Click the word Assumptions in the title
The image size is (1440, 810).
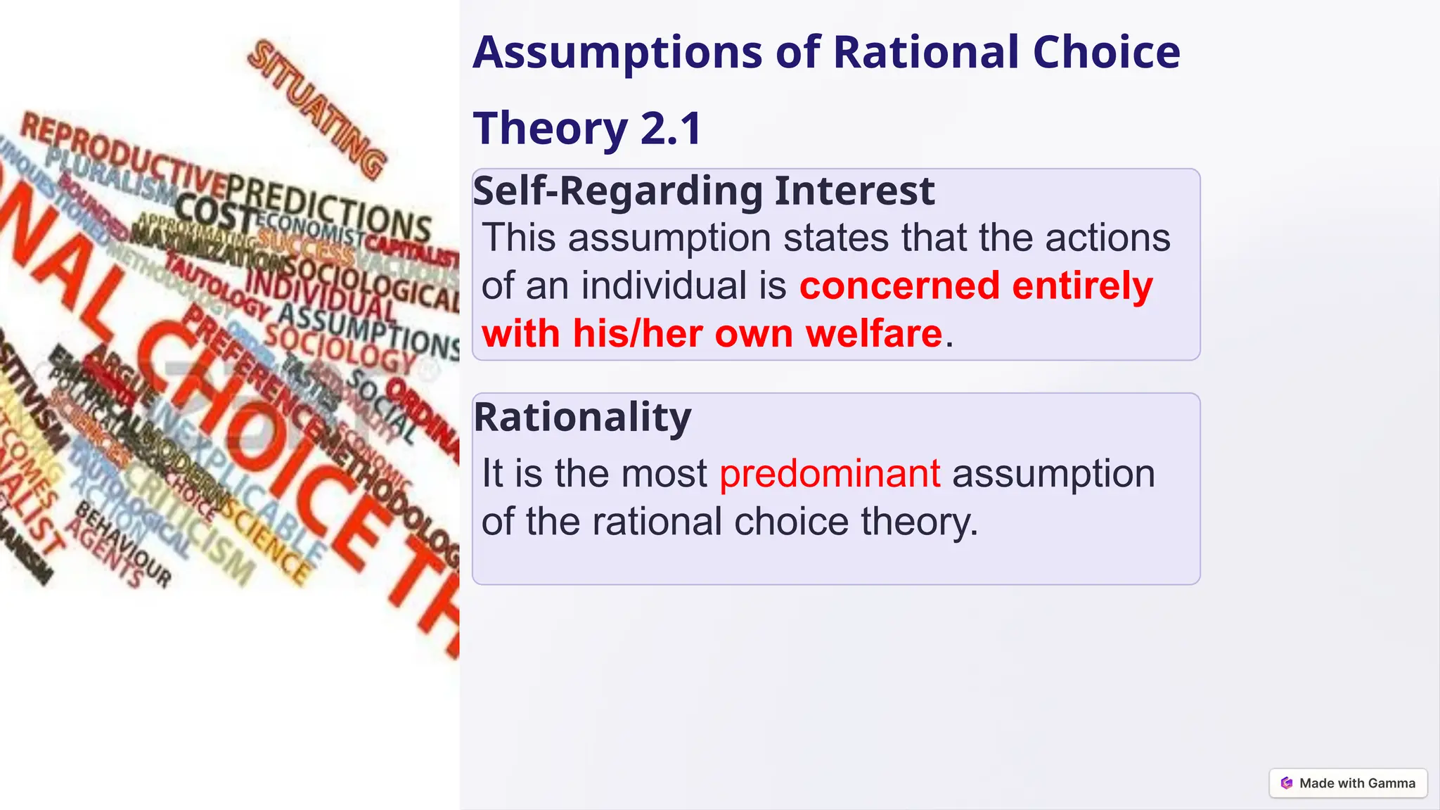point(617,53)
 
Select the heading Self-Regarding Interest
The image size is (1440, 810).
point(704,191)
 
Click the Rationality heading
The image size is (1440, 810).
point(582,417)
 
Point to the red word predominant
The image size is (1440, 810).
point(830,473)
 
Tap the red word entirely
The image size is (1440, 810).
point(1082,285)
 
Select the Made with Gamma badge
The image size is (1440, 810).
point(1348,783)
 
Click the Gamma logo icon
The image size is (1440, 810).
point(1287,783)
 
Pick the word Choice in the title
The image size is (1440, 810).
point(1107,53)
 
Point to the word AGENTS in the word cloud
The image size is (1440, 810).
point(105,555)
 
